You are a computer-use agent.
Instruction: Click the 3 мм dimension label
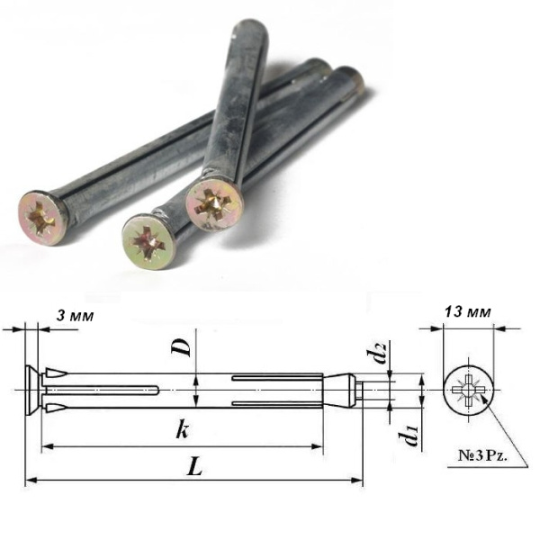coord(75,316)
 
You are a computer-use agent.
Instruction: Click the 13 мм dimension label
coord(467,312)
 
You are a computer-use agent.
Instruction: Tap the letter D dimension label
coord(181,347)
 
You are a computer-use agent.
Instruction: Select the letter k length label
coord(183,430)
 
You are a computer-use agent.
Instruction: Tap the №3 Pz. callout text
coord(482,456)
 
